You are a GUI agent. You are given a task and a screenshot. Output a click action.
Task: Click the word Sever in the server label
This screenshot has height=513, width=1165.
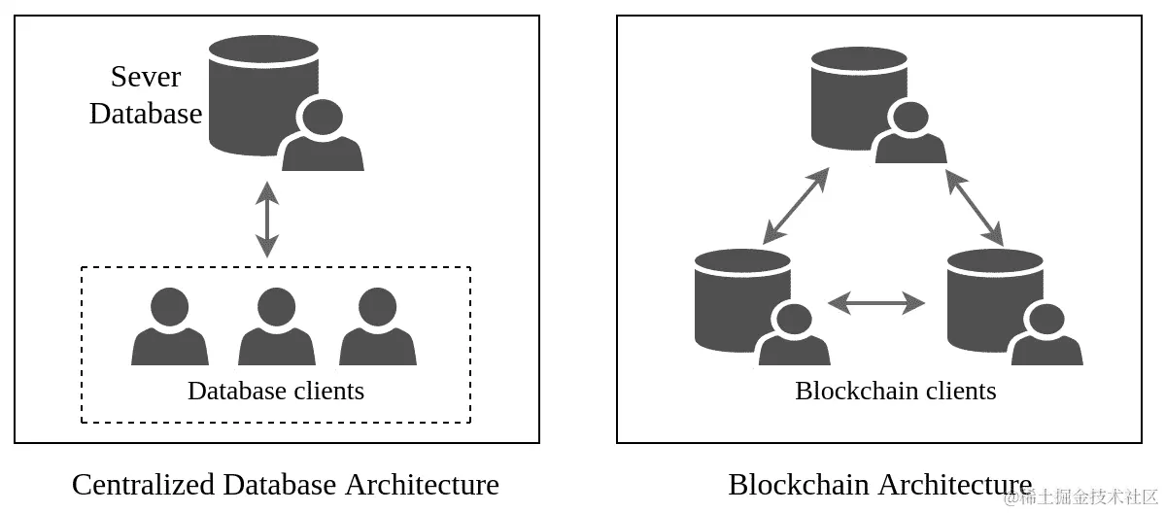(x=146, y=76)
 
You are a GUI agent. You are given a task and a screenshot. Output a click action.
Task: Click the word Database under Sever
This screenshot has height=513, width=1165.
(x=146, y=114)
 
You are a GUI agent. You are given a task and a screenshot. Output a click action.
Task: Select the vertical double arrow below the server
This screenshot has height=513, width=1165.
(x=266, y=220)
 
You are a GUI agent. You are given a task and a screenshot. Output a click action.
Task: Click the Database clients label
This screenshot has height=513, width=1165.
(x=276, y=391)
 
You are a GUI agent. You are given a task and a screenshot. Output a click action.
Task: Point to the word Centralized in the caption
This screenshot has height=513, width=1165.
(x=144, y=484)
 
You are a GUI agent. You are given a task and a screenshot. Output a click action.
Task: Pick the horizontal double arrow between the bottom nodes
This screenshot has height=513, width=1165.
(x=876, y=303)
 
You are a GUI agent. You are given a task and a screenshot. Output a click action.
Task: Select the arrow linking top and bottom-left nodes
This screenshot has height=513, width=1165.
(x=796, y=205)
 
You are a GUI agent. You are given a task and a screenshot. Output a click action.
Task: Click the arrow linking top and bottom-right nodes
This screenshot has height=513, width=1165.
(x=974, y=206)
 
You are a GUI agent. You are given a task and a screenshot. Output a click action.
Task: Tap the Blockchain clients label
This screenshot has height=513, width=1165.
(x=895, y=391)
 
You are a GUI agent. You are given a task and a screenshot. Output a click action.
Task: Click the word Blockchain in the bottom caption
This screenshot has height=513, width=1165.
(x=800, y=484)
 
